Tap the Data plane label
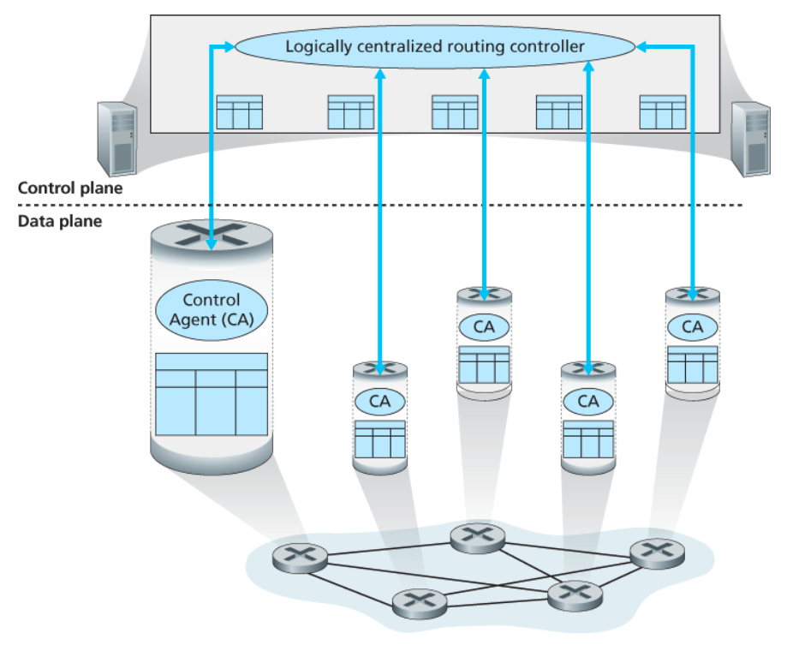(60, 221)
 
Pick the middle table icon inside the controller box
(455, 112)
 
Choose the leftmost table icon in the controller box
(239, 112)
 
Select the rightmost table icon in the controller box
(662, 112)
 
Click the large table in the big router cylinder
(212, 397)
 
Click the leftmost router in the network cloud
(300, 558)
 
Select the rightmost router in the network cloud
(657, 552)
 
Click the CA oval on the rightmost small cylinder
(692, 326)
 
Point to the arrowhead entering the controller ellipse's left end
(229, 47)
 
